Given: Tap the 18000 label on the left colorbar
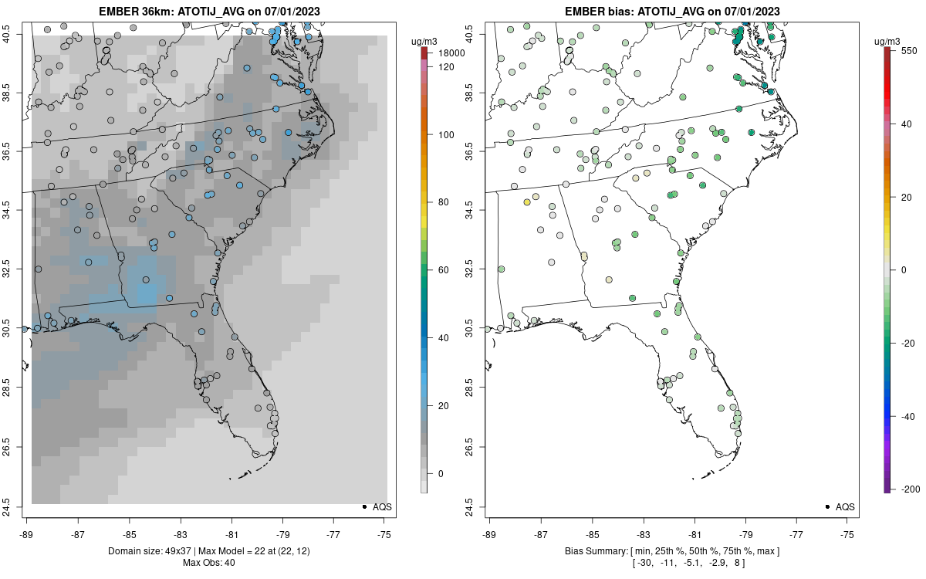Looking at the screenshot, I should coord(451,53).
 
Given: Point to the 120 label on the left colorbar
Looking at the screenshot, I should coord(446,67).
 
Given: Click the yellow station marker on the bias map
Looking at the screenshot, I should coord(527,202).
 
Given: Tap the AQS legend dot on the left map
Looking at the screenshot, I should coord(363,506).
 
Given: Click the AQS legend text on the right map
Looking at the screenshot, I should coord(846,506).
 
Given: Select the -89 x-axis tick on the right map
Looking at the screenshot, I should coord(490,533).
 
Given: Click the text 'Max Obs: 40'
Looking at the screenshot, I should coord(208,562).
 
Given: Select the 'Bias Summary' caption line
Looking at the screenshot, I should coord(671,550).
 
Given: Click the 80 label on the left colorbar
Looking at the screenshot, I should coord(444,202).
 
